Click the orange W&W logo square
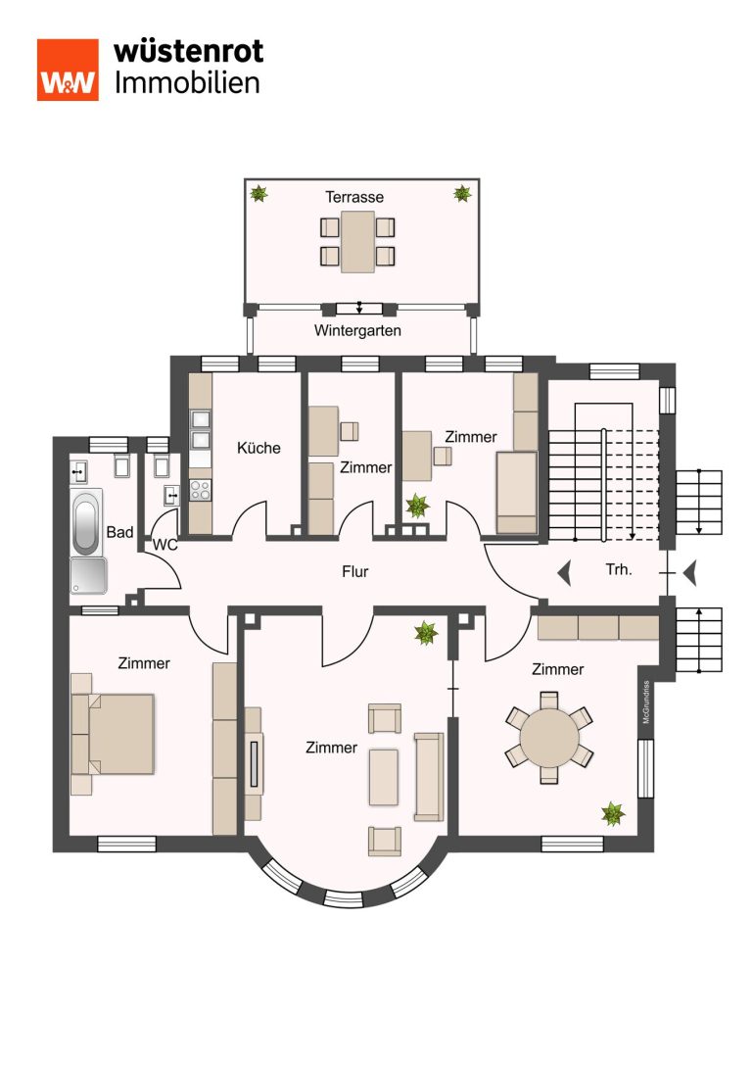point(68,70)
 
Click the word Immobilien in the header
point(187,83)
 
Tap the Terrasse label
point(354,197)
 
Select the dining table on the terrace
point(357,242)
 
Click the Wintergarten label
point(357,331)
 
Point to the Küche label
point(258,448)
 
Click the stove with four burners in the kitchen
point(200,490)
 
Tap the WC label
point(164,545)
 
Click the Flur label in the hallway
point(355,572)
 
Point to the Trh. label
point(618,569)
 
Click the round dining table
point(549,739)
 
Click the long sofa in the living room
point(429,776)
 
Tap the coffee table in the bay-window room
point(384,777)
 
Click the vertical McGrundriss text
point(646,702)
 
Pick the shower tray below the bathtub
point(88,575)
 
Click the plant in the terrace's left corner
point(258,194)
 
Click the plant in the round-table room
point(613,813)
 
